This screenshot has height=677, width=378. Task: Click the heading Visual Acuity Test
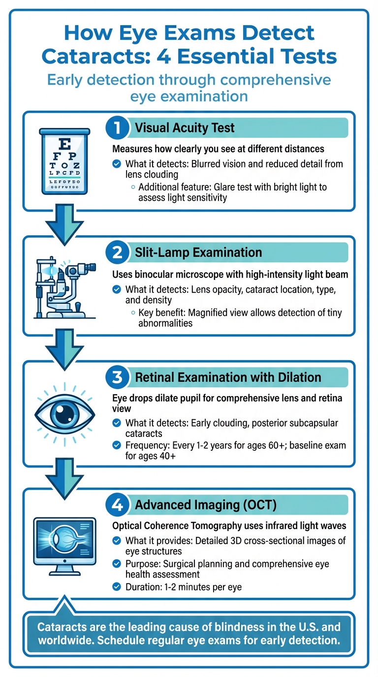click(185, 128)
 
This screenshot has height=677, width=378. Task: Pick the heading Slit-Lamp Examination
click(198, 252)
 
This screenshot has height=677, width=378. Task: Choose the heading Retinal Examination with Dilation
click(228, 377)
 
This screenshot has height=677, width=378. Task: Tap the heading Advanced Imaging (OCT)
click(206, 505)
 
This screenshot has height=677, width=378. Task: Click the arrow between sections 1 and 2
click(64, 224)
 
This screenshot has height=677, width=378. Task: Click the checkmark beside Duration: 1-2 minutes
click(117, 586)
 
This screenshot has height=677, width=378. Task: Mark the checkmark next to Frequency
click(117, 445)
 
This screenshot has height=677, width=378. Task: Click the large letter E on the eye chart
click(64, 143)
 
